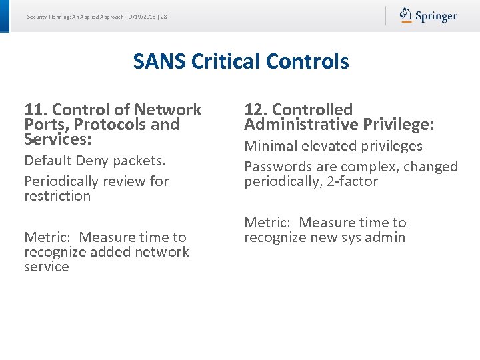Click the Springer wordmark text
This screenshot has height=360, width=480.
tap(436, 16)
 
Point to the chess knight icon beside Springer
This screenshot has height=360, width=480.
tap(406, 15)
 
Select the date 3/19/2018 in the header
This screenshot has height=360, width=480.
tap(141, 17)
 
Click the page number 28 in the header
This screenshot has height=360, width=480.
tap(164, 17)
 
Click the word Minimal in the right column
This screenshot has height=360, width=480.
tap(271, 146)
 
